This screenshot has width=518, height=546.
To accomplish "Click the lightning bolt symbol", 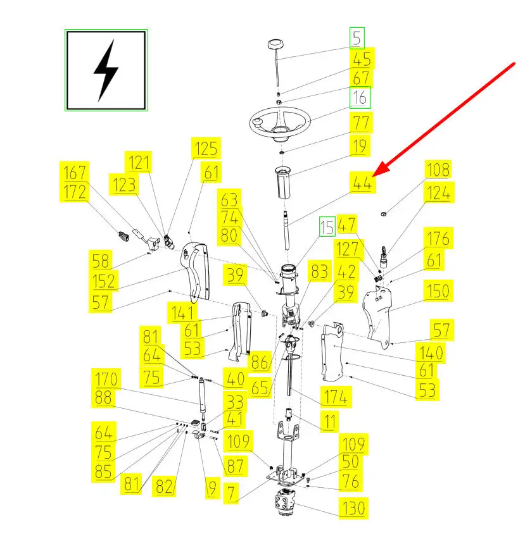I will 106,70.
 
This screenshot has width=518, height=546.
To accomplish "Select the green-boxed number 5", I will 358,39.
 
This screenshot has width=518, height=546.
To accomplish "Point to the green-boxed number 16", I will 360,99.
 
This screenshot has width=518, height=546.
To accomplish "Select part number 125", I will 206,149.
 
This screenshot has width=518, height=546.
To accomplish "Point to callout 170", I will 106,380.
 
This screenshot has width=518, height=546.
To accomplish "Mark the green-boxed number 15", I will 326,226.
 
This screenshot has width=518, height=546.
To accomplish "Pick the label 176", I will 438,239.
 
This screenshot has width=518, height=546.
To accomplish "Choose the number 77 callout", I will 361,123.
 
